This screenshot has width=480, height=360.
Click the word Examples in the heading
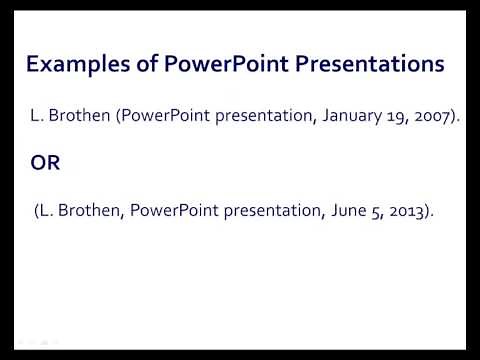[68, 65]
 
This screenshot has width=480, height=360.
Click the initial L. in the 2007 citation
[39, 116]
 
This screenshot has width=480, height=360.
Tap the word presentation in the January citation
[256, 116]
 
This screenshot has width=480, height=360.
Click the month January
[335, 116]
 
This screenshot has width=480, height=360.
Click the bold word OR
[45, 163]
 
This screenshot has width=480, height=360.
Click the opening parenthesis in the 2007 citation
[118, 116]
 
